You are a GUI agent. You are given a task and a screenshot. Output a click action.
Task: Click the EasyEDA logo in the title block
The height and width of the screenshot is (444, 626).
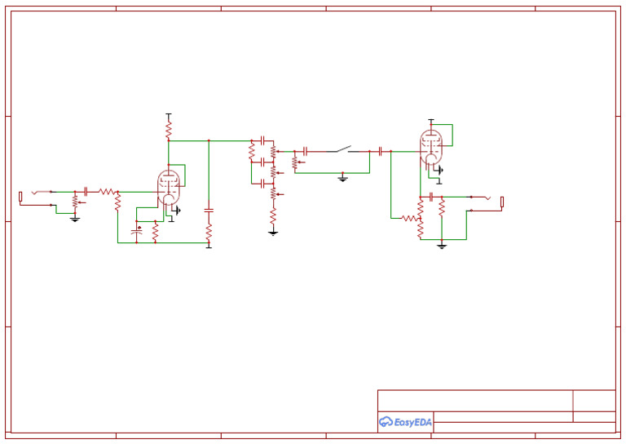(405, 422)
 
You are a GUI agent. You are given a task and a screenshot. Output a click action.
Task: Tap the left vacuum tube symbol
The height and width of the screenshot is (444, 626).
(169, 187)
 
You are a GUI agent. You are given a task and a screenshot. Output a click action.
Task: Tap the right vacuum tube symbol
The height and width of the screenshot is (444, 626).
(431, 147)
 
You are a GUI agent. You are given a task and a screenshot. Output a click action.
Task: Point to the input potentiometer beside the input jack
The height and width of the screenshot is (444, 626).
(75, 200)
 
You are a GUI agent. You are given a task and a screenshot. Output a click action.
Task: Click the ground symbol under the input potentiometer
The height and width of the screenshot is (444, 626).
(75, 218)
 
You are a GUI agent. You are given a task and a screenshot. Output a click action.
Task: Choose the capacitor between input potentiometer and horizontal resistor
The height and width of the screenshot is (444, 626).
(86, 191)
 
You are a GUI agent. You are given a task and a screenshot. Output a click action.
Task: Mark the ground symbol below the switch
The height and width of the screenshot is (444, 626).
(343, 177)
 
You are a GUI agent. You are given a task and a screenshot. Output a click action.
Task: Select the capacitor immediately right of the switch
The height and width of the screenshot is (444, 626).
(380, 151)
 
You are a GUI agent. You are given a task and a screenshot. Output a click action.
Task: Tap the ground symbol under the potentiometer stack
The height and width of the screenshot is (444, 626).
(273, 233)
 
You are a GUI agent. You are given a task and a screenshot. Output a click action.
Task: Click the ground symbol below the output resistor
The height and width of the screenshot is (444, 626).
(441, 245)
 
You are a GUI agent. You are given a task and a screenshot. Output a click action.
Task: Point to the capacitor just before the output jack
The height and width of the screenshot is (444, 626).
(431, 197)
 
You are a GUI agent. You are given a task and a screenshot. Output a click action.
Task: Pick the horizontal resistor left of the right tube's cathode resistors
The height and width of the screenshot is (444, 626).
(408, 218)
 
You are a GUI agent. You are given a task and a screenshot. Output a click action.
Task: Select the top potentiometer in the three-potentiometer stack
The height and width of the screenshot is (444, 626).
(273, 152)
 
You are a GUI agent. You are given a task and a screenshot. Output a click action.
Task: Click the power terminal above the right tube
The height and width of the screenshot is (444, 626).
(431, 121)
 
